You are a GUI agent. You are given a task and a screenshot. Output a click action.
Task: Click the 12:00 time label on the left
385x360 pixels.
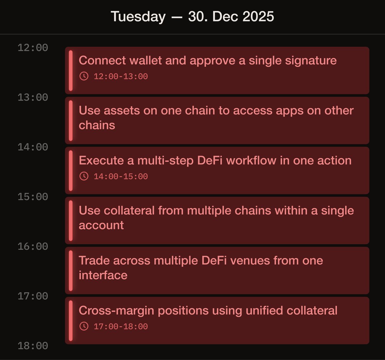[33, 48]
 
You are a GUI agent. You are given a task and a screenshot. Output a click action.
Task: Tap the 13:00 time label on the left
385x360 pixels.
[33, 97]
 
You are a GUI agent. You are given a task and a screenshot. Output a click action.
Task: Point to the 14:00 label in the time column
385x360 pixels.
[33, 147]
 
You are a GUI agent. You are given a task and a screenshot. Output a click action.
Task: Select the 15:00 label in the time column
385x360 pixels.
[33, 197]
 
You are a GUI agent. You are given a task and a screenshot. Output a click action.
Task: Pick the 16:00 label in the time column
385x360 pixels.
[33, 247]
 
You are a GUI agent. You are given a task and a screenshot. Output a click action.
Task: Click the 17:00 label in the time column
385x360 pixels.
[33, 296]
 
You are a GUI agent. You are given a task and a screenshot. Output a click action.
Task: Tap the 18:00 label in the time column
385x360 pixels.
[33, 346]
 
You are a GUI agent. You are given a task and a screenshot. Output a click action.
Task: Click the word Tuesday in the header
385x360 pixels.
[138, 17]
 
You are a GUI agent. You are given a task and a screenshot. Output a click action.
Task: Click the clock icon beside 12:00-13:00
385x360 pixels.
[84, 76]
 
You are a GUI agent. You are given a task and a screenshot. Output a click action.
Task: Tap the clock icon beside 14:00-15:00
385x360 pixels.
[84, 176]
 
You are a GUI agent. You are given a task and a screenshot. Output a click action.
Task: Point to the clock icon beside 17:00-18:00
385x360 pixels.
[84, 326]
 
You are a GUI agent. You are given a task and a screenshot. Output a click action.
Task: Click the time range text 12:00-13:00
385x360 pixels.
[121, 76]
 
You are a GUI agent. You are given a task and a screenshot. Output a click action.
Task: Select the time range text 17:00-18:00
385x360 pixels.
[121, 327]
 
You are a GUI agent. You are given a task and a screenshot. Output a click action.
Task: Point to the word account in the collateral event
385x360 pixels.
[101, 225]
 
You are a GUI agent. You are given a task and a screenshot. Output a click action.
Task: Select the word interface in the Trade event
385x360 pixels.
[103, 275]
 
